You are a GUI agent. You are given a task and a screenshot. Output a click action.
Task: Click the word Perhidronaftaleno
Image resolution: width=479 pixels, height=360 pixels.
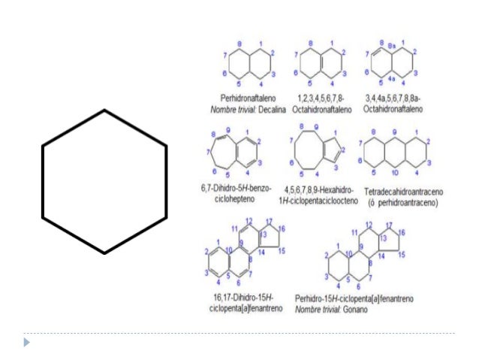click(246, 98)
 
